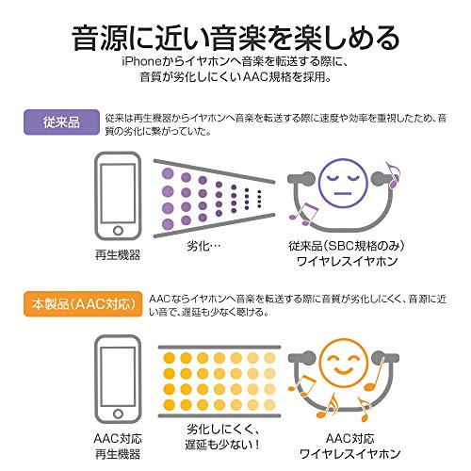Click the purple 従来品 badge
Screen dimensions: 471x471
[61, 122]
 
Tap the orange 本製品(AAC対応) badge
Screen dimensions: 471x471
[83, 304]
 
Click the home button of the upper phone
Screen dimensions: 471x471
[118, 231]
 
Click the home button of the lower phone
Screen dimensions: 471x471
[118, 414]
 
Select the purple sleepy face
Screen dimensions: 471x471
[343, 184]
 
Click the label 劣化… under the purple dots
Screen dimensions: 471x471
[203, 246]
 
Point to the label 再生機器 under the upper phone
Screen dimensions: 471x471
[118, 254]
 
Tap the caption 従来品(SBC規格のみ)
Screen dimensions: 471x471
[347, 246]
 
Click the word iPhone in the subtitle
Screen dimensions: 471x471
[142, 61]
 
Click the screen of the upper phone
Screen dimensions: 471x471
[118, 193]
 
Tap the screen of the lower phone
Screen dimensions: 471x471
[118, 376]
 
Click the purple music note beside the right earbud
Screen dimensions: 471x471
[393, 175]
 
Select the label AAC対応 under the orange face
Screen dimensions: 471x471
[349, 438]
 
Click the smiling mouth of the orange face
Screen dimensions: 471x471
[344, 370]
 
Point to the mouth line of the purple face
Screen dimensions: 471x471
[343, 193]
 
